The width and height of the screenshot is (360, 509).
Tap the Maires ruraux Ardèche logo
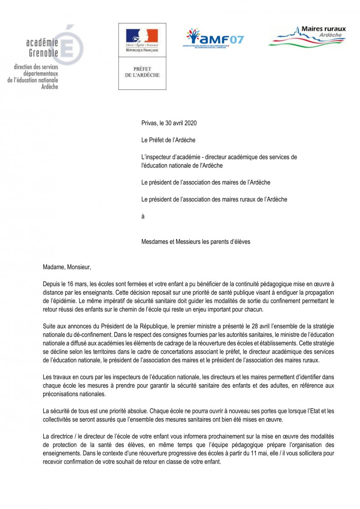(307, 36)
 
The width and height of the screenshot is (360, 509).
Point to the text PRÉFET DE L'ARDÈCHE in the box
(142, 72)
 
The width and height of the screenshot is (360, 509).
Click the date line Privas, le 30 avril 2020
(169, 123)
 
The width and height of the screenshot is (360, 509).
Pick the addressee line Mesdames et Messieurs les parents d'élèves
(196, 241)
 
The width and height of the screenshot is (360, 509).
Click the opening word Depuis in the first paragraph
(52, 283)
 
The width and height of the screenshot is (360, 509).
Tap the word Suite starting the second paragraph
(50, 325)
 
